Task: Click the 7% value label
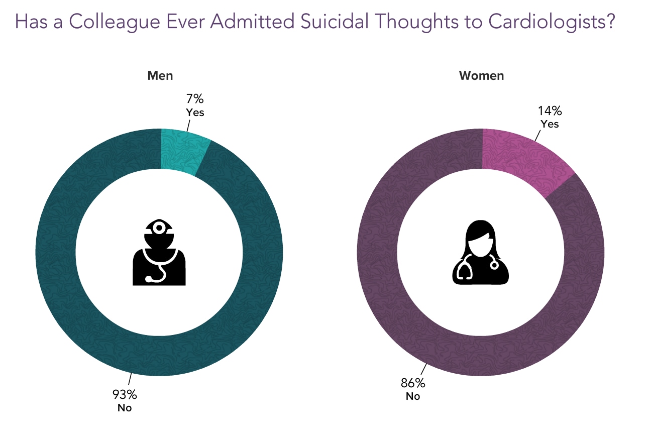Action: (x=195, y=99)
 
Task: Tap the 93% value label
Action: (x=124, y=394)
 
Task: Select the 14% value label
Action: (x=550, y=111)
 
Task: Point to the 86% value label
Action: (x=413, y=383)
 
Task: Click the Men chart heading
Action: (x=160, y=76)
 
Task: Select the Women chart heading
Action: (x=481, y=76)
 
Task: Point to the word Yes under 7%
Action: (x=195, y=112)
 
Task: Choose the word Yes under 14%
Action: (x=550, y=124)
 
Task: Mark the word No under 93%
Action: (x=124, y=408)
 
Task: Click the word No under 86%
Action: (x=412, y=396)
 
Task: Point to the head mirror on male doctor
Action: (x=159, y=228)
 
